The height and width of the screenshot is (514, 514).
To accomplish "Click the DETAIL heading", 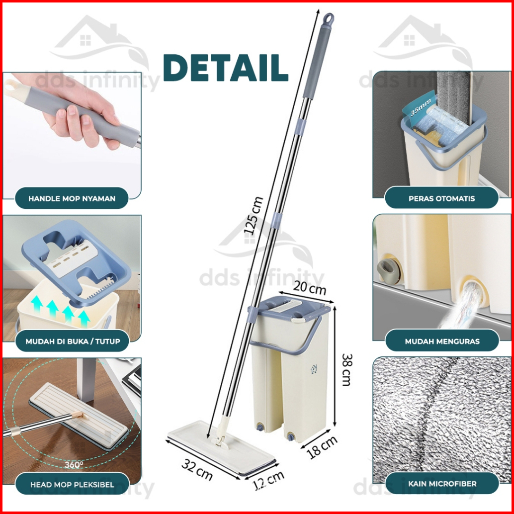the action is tap(226, 68).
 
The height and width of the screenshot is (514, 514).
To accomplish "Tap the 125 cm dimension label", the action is tap(254, 215).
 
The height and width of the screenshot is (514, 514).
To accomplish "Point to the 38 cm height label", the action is tap(346, 370).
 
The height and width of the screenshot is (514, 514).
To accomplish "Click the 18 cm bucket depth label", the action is tap(322, 447).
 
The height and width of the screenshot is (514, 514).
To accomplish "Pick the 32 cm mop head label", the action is tap(197, 469).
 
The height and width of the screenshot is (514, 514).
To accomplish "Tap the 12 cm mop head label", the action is tap(269, 480).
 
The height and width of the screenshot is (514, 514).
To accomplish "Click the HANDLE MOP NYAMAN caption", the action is tap(72, 198).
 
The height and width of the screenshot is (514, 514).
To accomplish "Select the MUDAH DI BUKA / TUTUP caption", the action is tap(73, 341).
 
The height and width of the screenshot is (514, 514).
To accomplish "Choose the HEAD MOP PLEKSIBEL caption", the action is tap(72, 485).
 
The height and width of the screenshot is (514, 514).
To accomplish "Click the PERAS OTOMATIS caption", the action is tap(441, 198).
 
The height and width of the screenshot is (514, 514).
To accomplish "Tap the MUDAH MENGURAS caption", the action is tap(442, 341).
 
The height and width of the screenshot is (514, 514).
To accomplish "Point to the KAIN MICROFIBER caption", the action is tap(442, 484).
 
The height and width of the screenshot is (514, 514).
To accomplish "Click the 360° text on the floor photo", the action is tap(74, 464).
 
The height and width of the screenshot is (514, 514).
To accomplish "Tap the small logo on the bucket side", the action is tap(314, 369).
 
